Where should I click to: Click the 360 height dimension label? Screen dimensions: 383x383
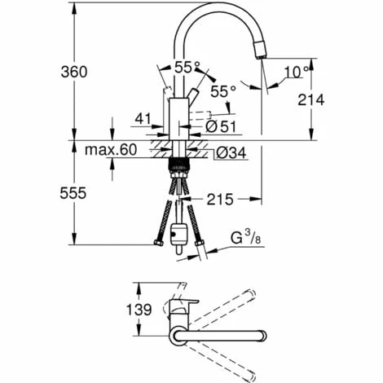(74, 72)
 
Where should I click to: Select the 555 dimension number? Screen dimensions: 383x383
(73, 193)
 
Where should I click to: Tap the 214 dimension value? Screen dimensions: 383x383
(311, 100)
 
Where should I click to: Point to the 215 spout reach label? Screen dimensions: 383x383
(220, 200)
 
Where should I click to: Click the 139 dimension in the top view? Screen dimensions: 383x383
(139, 310)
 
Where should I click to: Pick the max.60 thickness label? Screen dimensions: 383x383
(111, 150)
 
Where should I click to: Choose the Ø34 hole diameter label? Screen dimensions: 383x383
(231, 153)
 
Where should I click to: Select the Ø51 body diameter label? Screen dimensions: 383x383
(221, 126)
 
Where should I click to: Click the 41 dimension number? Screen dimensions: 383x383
(143, 119)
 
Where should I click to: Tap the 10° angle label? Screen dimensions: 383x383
(297, 73)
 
